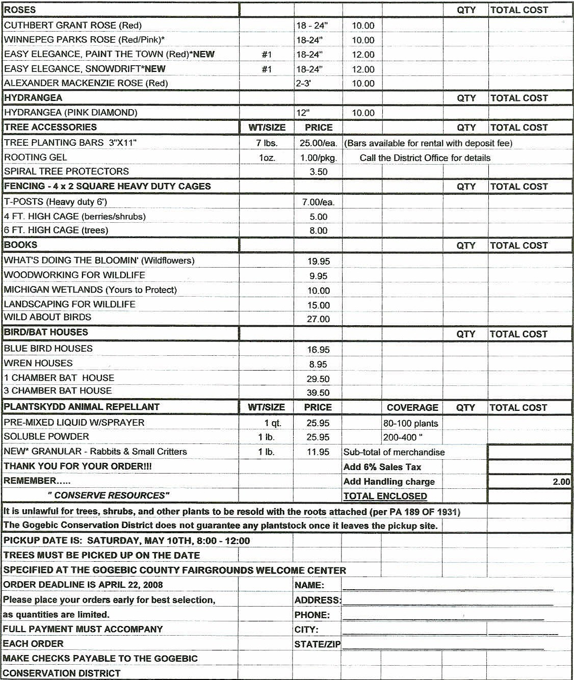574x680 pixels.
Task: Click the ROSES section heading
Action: point(20,10)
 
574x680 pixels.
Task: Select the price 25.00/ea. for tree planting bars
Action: point(318,143)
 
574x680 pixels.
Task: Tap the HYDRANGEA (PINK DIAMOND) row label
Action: point(70,113)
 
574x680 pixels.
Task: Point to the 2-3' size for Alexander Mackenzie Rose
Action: point(303,83)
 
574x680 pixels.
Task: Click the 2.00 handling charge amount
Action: point(561,482)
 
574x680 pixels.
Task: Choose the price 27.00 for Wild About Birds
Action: point(318,319)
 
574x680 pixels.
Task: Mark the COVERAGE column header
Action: point(412,407)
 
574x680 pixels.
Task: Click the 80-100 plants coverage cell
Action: point(410,423)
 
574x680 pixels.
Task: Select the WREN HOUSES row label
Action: point(38,363)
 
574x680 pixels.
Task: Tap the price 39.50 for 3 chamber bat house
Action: point(318,393)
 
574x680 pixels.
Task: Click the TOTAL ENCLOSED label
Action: point(385,496)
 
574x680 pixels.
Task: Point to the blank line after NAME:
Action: point(448,586)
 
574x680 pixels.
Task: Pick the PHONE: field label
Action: point(312,615)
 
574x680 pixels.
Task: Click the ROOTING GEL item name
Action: point(35,158)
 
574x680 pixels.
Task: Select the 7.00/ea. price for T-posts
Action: point(318,202)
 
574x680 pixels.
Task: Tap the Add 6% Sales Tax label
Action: point(382,467)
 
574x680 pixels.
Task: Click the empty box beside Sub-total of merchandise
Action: point(529,452)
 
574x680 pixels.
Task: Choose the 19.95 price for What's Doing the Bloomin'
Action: point(318,261)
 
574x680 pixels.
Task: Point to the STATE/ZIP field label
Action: point(317,644)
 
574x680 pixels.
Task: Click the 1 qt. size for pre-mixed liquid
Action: point(273,423)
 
